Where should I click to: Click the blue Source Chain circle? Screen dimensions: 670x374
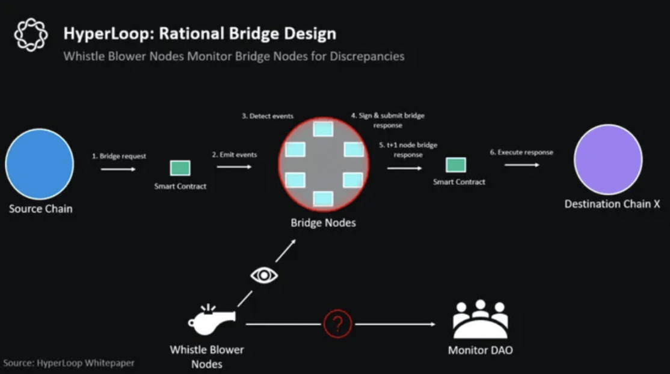pyautogui.click(x=39, y=164)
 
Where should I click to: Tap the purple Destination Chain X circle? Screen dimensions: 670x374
pyautogui.click(x=608, y=160)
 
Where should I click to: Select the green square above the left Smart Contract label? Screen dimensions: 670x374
pyautogui.click(x=180, y=168)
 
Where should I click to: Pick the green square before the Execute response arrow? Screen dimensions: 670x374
pyautogui.click(x=456, y=165)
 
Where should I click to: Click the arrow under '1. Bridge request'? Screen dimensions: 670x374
pyautogui.click(x=118, y=169)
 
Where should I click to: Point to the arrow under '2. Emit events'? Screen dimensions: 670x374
pyautogui.click(x=234, y=166)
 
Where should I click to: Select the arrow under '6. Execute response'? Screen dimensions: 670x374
pyautogui.click(x=521, y=165)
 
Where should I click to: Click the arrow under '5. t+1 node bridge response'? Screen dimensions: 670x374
pyautogui.click(x=404, y=168)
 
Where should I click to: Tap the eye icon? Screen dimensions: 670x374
pyautogui.click(x=264, y=275)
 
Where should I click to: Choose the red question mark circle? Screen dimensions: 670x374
pyautogui.click(x=337, y=324)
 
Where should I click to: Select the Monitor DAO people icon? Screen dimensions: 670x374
pyautogui.click(x=481, y=319)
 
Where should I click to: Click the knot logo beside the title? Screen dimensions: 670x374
pyautogui.click(x=31, y=35)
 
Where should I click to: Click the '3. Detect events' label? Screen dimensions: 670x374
pyautogui.click(x=268, y=116)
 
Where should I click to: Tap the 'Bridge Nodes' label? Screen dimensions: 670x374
pyautogui.click(x=323, y=222)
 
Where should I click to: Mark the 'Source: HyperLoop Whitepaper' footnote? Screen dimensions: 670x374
pyautogui.click(x=69, y=363)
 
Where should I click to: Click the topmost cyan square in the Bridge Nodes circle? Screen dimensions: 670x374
pyautogui.click(x=323, y=129)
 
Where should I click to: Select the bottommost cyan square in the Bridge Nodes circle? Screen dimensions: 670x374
pyautogui.click(x=323, y=199)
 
